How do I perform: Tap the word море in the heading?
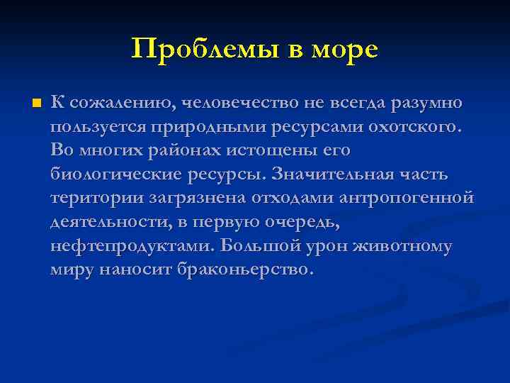point(343,49)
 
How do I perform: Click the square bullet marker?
point(37,104)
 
